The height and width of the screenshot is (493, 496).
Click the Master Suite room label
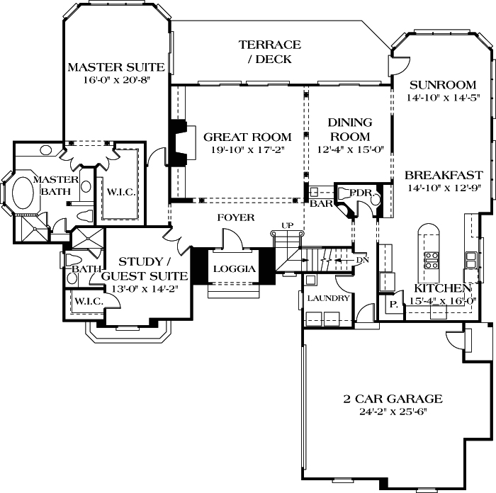(116, 67)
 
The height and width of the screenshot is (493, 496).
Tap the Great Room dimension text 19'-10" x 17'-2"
(248, 149)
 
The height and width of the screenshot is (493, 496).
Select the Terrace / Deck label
(270, 52)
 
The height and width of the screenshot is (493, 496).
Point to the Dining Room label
(350, 130)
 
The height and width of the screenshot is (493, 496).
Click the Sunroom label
(443, 85)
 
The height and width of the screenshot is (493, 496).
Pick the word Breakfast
(444, 175)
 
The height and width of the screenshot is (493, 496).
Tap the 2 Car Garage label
(393, 399)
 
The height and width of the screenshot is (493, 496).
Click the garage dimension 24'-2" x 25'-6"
(393, 412)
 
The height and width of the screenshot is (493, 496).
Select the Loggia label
(235, 268)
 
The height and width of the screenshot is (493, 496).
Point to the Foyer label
(236, 217)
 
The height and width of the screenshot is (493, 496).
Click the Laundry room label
(328, 298)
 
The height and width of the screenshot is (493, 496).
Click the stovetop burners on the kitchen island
(431, 260)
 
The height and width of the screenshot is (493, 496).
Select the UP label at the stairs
(287, 225)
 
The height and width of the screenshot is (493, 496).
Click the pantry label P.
(393, 305)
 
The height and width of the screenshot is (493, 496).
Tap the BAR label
(321, 203)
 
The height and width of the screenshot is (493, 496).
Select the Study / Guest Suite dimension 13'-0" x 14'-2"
(145, 289)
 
